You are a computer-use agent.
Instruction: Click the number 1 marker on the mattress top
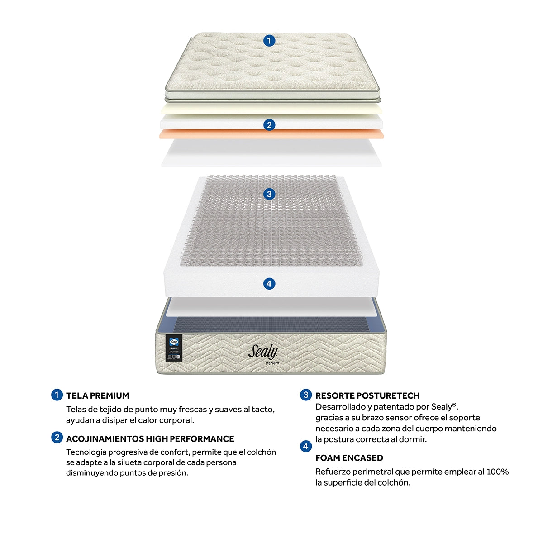pos(269,41)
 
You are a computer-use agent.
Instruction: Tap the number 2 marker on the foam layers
pos(269,125)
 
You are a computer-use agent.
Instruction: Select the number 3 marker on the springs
pos(269,194)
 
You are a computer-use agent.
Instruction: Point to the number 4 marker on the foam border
pos(269,284)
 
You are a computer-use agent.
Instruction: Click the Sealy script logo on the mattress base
pos(262,352)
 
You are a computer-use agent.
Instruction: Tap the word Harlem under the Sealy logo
pos(272,363)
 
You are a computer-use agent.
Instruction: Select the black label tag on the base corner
pos(174,348)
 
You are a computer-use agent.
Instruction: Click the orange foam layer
pos(271,134)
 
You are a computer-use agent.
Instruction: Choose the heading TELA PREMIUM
pos(98,395)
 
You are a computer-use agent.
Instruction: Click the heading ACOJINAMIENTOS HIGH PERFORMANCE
pos(150,439)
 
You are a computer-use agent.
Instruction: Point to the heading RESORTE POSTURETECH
pos(367,395)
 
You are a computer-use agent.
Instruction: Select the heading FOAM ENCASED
pos(349,458)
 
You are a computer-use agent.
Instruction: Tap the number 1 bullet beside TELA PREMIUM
pos(57,395)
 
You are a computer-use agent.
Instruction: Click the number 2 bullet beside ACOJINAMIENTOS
pos(57,438)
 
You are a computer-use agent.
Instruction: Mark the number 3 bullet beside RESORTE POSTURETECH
pos(306,395)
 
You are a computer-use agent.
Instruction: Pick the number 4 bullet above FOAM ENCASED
pos(306,447)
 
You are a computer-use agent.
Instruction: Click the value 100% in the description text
pos(497,472)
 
